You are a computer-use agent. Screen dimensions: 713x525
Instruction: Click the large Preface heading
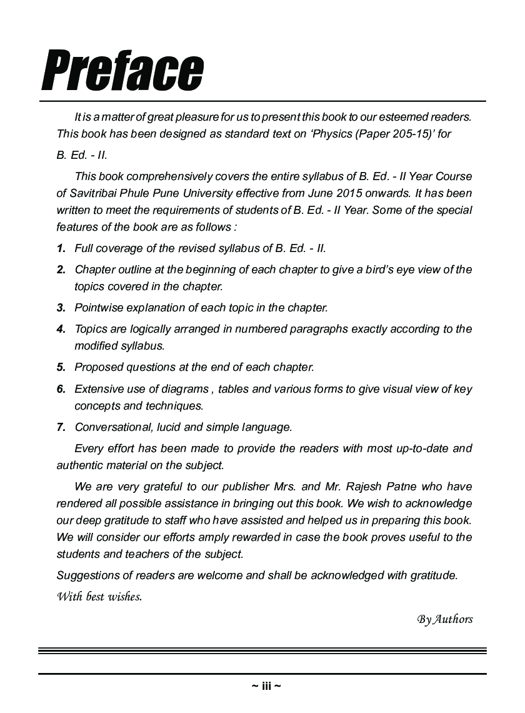click(x=122, y=70)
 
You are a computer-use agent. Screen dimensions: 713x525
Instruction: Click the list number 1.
click(x=61, y=248)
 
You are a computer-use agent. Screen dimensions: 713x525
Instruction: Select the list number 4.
click(x=61, y=329)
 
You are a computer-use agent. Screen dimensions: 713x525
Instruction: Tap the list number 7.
click(x=61, y=428)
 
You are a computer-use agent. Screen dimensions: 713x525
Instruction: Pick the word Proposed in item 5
click(x=97, y=367)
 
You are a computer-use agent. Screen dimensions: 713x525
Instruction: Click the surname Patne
click(x=401, y=487)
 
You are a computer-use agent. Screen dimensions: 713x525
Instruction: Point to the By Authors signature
click(x=445, y=619)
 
